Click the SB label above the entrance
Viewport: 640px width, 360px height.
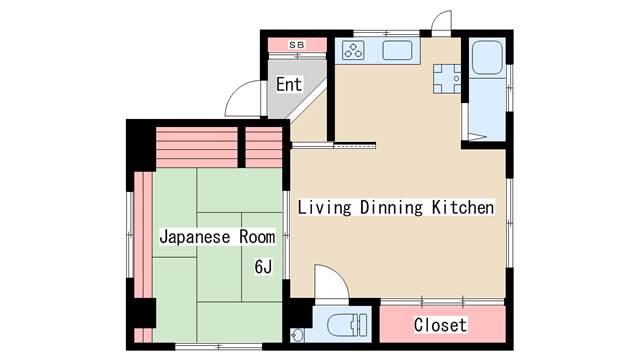pyautogui.click(x=297, y=45)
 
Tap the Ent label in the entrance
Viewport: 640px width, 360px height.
pyautogui.click(x=289, y=84)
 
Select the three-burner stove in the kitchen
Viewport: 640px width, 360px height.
pyautogui.click(x=353, y=51)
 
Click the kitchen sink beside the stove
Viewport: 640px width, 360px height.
pyautogui.click(x=397, y=50)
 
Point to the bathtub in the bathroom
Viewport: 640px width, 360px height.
pyautogui.click(x=487, y=57)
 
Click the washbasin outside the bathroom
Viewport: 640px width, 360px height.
pyautogui.click(x=447, y=79)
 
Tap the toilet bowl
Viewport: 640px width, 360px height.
pyautogui.click(x=347, y=324)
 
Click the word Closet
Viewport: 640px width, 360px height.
pyautogui.click(x=440, y=325)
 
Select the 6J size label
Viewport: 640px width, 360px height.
pyautogui.click(x=263, y=267)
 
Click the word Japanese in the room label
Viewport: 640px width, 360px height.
pyautogui.click(x=195, y=237)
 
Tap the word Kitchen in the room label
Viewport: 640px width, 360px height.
pyautogui.click(x=463, y=207)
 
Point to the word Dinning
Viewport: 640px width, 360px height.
pyautogui.click(x=391, y=207)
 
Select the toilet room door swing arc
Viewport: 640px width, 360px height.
pyautogui.click(x=338, y=275)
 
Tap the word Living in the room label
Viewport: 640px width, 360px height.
pyautogui.click(x=324, y=207)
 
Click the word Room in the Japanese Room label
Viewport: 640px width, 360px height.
pyautogui.click(x=257, y=237)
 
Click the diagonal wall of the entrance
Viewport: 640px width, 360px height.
pyautogui.click(x=307, y=100)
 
